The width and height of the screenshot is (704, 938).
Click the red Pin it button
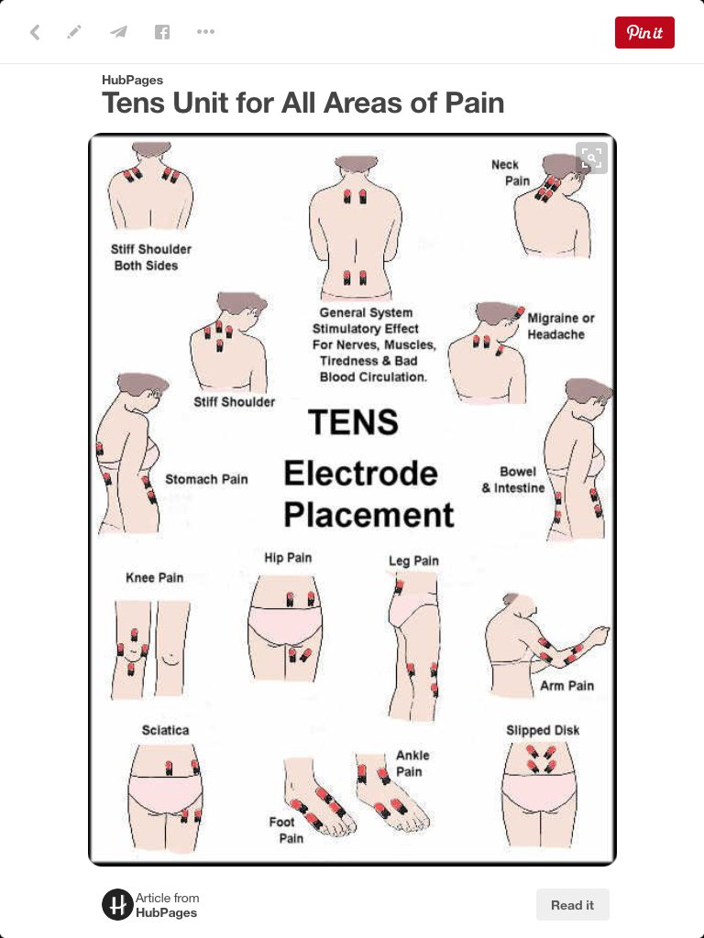644,32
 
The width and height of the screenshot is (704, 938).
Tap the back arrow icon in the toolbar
36,32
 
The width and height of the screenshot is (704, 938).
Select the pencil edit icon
74,32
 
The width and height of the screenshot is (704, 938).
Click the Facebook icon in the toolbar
161,32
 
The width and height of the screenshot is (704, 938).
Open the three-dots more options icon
205,32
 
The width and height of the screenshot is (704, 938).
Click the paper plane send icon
118,32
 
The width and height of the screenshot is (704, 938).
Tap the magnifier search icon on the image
591,158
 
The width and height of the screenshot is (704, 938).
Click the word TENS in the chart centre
353,421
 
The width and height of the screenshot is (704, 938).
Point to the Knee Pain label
154,577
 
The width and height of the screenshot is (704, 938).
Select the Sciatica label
165,730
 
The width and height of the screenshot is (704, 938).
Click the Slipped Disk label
543,730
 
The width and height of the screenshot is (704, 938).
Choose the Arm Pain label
566,685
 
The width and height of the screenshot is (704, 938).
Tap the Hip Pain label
288,558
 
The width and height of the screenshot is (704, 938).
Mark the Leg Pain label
413,561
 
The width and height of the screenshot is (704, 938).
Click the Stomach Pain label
206,479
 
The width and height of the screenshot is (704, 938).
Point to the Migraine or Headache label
561,326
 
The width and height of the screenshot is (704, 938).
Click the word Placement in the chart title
368,515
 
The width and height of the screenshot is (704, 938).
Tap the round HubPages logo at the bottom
117,904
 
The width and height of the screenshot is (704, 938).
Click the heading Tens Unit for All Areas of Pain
302,103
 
